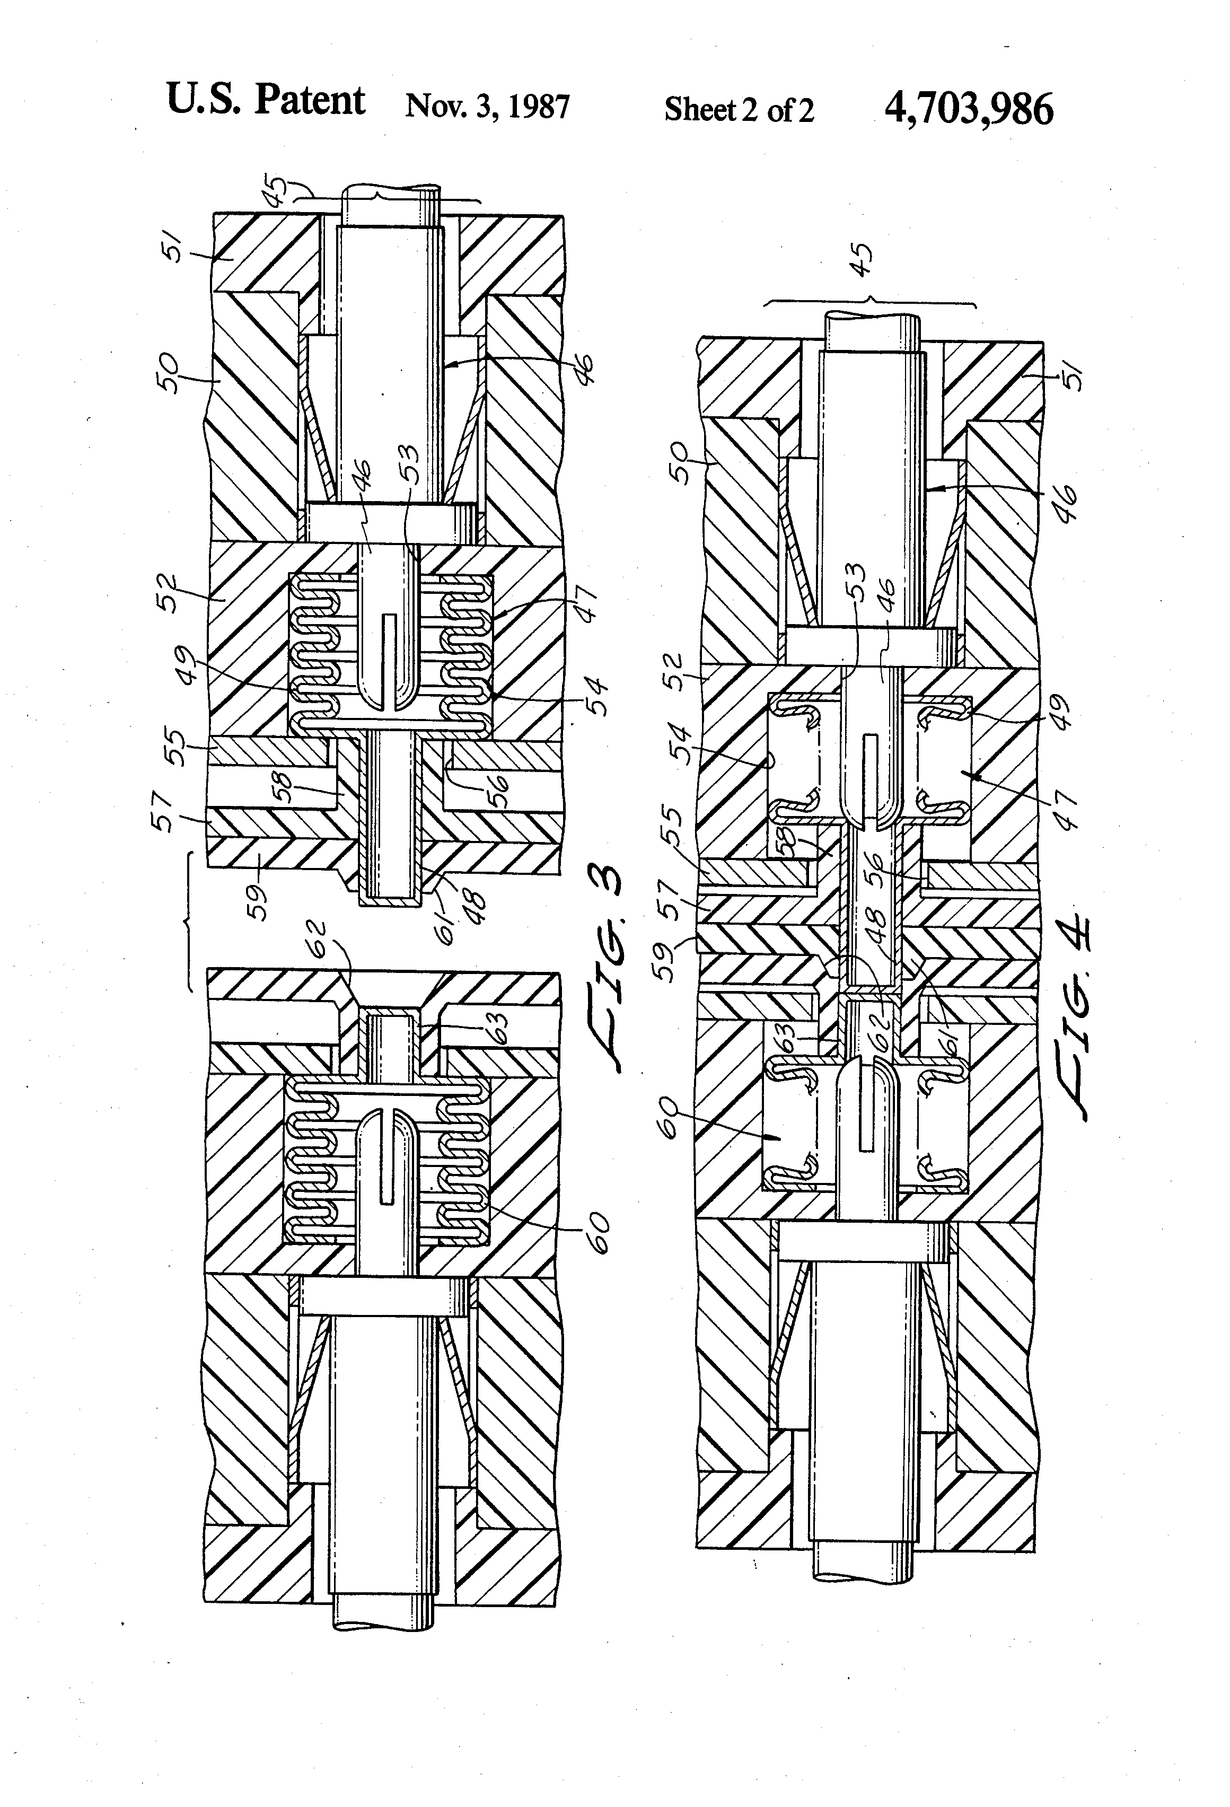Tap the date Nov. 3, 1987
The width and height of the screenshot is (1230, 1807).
(x=487, y=107)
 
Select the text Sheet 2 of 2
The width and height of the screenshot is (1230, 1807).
(x=739, y=110)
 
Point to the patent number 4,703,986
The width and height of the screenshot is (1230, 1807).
(x=969, y=108)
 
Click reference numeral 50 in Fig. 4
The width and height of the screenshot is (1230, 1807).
(x=679, y=463)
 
